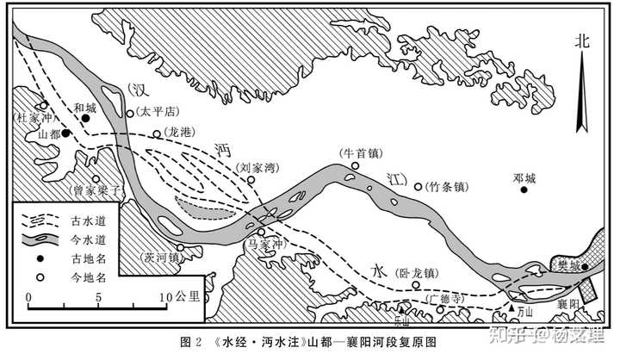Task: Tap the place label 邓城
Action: coord(524,178)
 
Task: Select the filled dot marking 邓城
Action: coord(524,189)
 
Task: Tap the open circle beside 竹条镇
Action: coord(418,186)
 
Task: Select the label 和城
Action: coord(84,108)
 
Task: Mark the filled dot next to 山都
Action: coord(65,133)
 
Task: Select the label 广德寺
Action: coord(446,298)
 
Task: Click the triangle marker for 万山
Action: coord(513,308)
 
